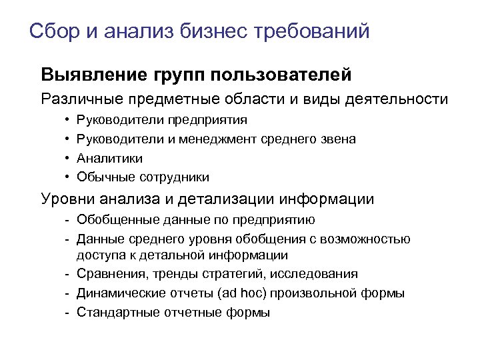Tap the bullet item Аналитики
tap(109, 158)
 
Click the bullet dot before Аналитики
tap(69, 158)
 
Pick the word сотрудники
tap(174, 177)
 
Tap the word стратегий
tap(226, 274)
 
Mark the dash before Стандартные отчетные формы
tap(69, 311)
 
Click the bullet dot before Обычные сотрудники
tap(69, 177)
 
